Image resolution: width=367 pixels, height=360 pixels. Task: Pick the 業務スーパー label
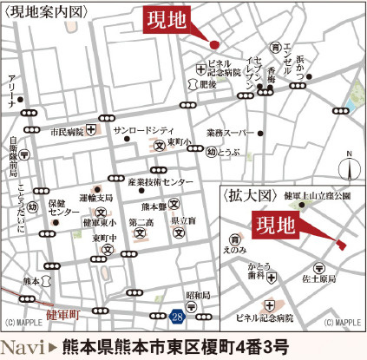(x=229, y=133)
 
